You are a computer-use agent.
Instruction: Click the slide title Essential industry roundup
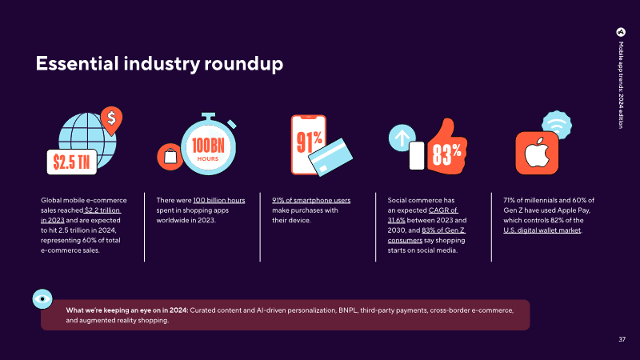[159, 64]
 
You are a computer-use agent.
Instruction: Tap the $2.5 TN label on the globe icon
[72, 162]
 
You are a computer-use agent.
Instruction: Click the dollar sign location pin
[111, 120]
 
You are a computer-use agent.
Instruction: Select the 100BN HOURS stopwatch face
[208, 149]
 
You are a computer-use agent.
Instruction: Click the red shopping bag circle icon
[170, 157]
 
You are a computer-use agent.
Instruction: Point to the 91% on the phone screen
[309, 142]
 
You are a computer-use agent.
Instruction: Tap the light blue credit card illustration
[330, 158]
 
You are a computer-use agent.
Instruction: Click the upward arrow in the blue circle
[402, 138]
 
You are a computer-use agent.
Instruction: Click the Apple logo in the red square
[537, 153]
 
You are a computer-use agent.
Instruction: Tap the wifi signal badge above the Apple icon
[557, 125]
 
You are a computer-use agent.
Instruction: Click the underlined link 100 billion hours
[218, 200]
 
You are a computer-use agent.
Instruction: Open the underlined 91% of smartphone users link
[311, 200]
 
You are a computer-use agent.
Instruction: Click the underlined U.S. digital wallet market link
[542, 230]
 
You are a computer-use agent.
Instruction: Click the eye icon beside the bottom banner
[42, 299]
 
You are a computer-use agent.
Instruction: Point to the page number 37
[622, 339]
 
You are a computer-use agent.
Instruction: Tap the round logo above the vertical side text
[621, 32]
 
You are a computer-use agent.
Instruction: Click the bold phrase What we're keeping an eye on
[114, 310]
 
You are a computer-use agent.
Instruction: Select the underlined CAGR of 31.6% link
[423, 215]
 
